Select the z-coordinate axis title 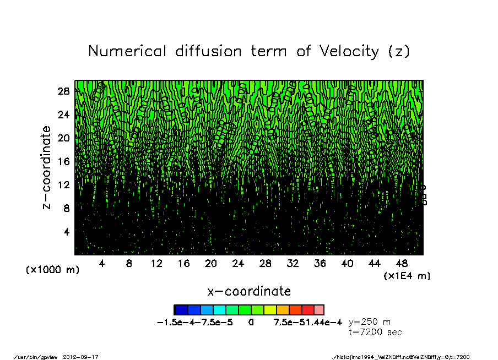[47, 167]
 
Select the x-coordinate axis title [248, 291]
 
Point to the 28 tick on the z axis [63, 91]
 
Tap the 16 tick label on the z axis [63, 161]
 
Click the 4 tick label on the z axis [66, 231]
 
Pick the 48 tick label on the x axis [402, 264]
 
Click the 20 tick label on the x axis [210, 264]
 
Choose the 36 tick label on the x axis [320, 264]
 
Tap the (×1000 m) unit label [52, 270]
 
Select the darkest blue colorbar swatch [181, 310]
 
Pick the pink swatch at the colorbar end [319, 310]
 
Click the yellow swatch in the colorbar [269, 310]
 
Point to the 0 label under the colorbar [251, 323]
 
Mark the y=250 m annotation [370, 322]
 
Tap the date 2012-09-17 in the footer [85, 357]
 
